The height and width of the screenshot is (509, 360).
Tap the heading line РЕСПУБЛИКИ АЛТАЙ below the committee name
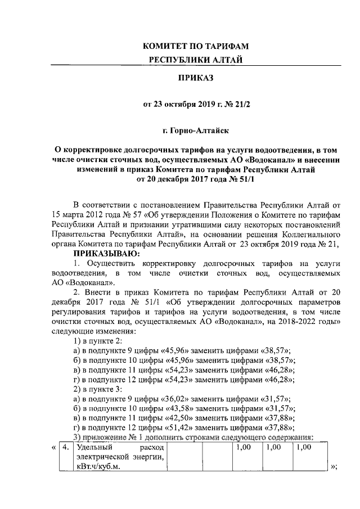point(196,60)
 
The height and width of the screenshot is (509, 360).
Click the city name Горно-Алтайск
point(196,131)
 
